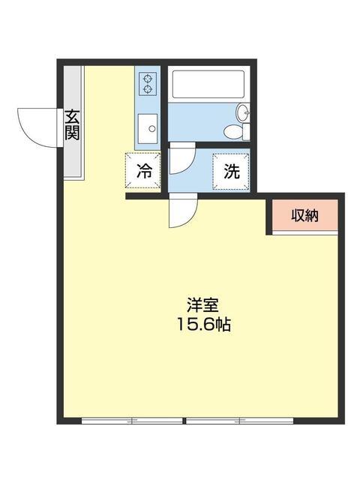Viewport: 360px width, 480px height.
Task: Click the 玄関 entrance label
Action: (72, 126)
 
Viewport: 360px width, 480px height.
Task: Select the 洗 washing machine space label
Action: (231, 171)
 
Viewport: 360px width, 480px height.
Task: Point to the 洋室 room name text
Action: (202, 307)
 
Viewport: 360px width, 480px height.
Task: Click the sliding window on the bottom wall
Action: (187, 421)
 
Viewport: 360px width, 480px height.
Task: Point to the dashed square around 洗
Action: (231, 171)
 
